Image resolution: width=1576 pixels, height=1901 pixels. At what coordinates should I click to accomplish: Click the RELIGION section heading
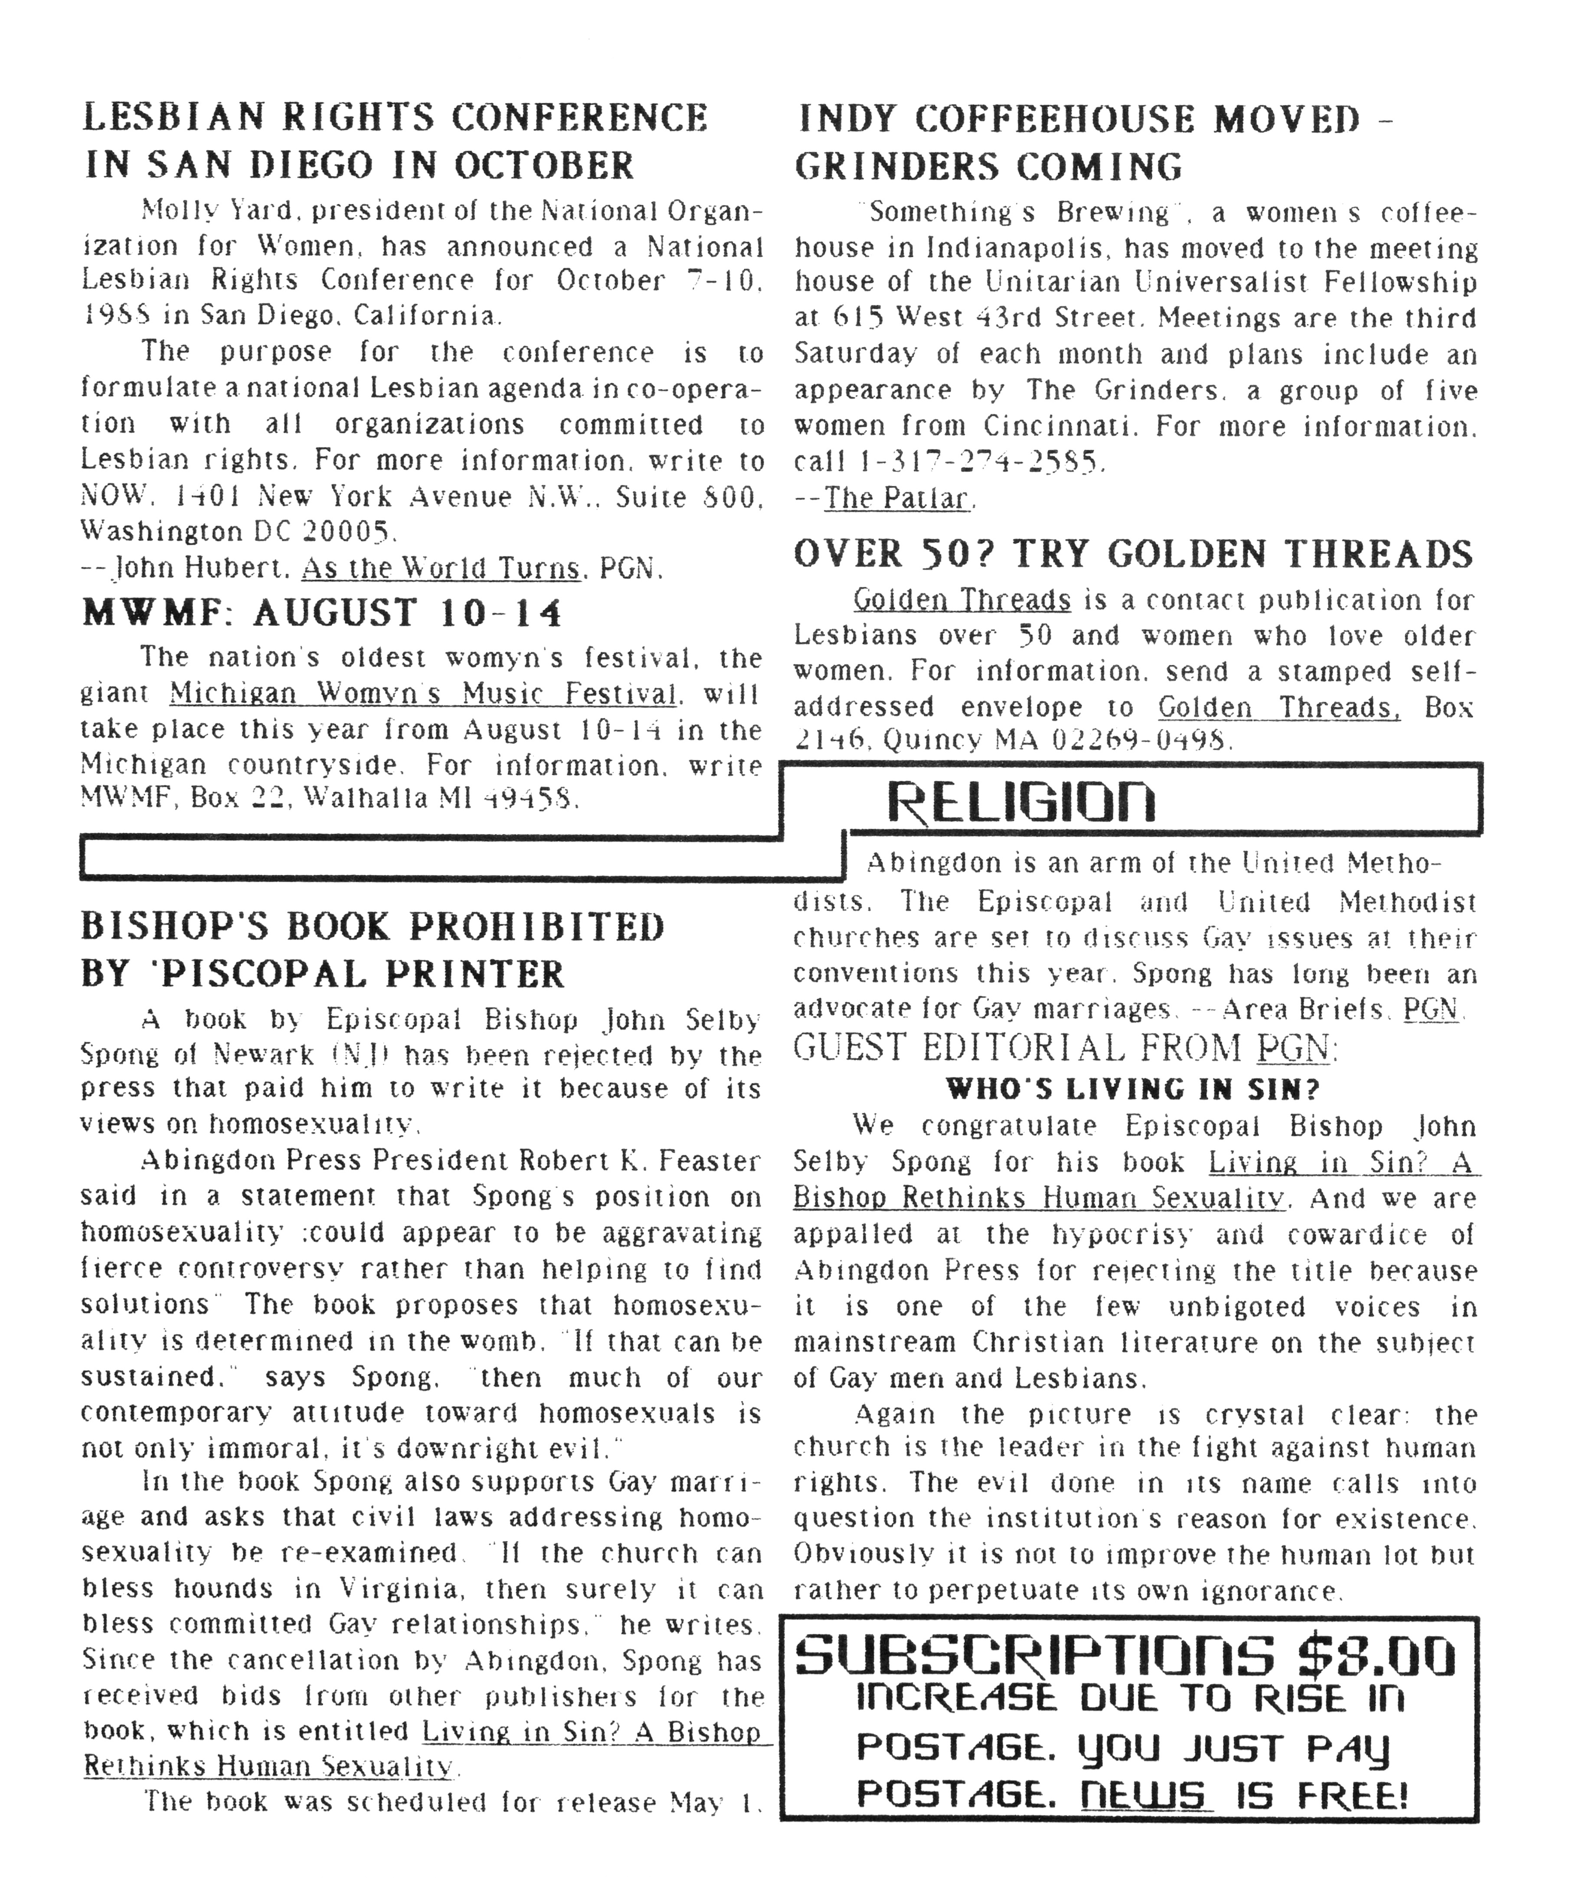[x=1020, y=801]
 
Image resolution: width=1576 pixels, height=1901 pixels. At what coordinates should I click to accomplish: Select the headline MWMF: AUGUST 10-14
[x=322, y=613]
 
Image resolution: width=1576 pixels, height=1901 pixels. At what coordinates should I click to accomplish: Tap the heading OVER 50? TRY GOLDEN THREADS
[x=1133, y=554]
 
